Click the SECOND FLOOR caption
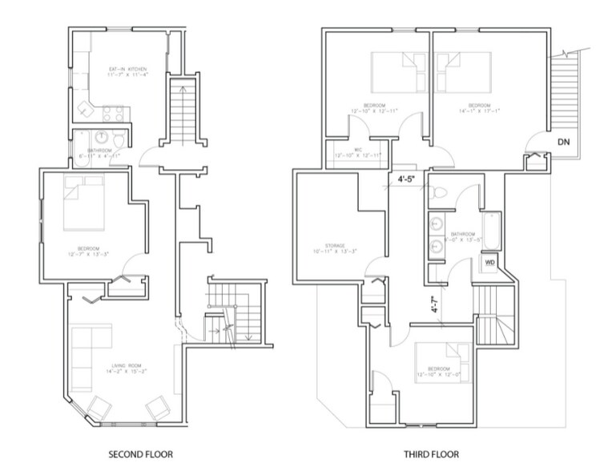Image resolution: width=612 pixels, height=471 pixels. (140, 454)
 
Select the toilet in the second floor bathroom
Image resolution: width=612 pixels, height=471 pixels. (118, 141)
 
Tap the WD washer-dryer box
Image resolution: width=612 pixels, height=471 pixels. (489, 261)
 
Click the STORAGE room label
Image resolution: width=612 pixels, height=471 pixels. (329, 248)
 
